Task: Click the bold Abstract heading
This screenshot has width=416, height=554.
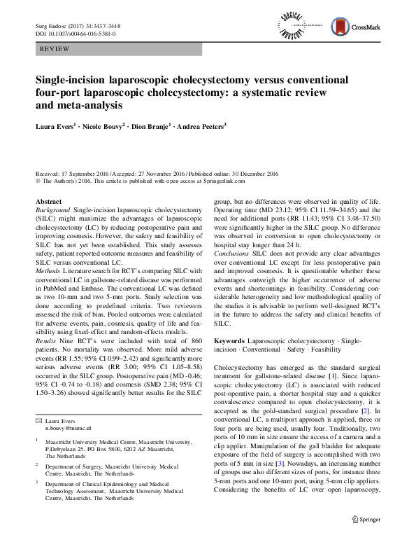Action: click(x=48, y=201)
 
